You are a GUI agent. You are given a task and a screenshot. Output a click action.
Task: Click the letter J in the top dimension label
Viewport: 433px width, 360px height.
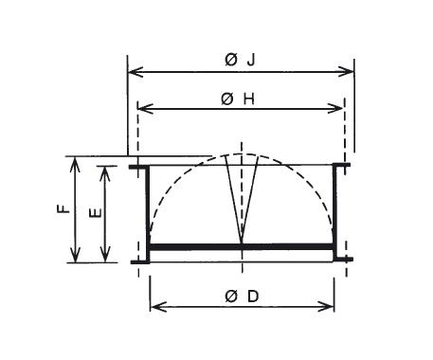[x=251, y=60]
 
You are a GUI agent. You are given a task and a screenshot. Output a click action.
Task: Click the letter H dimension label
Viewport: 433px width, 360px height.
[x=248, y=99]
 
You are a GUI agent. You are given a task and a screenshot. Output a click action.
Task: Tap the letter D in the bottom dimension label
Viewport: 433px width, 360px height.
[x=253, y=297]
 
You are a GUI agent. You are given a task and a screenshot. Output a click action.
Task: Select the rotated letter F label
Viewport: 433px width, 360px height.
[x=63, y=208]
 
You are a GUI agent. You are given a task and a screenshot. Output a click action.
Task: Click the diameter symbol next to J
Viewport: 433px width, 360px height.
[x=231, y=60]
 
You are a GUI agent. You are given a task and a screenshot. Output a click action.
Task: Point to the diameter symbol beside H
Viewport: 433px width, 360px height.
[x=227, y=99]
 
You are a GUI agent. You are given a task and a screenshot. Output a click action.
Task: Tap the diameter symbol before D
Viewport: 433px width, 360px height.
[x=231, y=297]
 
